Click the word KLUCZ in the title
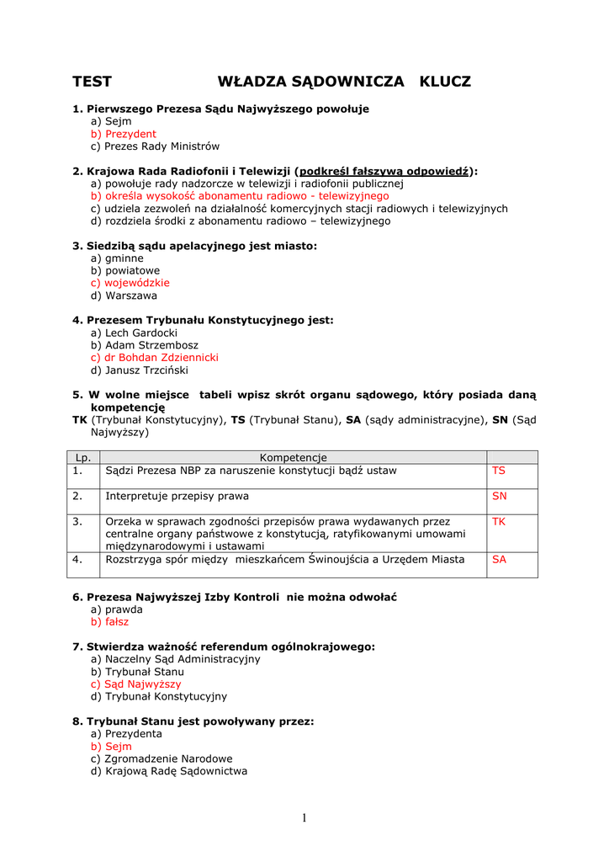(445, 82)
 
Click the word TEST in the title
(92, 82)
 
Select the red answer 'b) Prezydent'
(124, 134)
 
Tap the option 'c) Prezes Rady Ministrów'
(155, 146)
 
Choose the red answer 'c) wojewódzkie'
(130, 283)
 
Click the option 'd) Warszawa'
(124, 295)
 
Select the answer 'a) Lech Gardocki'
(134, 333)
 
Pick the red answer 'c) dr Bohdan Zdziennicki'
(155, 357)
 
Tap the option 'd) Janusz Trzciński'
(140, 370)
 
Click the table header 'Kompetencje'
(293, 457)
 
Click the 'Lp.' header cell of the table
(83, 457)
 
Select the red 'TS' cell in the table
(499, 471)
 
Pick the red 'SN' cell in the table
(500, 496)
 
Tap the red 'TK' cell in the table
(499, 521)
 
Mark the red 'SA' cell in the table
(500, 559)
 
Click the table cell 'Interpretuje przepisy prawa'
(177, 496)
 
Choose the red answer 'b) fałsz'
(110, 621)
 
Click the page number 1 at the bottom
(304, 819)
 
